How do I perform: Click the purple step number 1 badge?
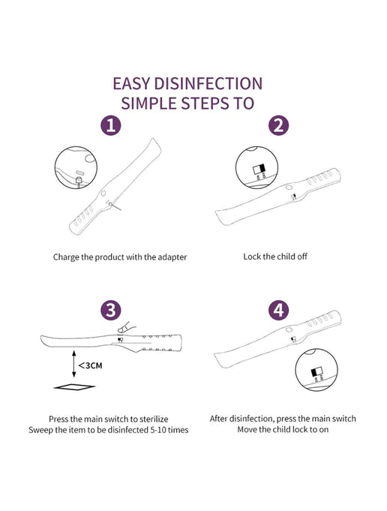click(x=110, y=125)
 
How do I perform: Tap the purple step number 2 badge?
click(x=277, y=125)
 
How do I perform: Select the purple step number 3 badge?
click(x=110, y=309)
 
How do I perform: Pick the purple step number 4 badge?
click(x=277, y=309)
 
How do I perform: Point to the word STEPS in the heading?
click(x=209, y=103)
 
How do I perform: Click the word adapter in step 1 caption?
click(x=170, y=257)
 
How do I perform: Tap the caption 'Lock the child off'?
click(x=275, y=257)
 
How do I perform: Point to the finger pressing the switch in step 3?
click(x=126, y=327)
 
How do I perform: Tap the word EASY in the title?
click(x=135, y=83)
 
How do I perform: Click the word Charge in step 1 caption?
click(x=66, y=257)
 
